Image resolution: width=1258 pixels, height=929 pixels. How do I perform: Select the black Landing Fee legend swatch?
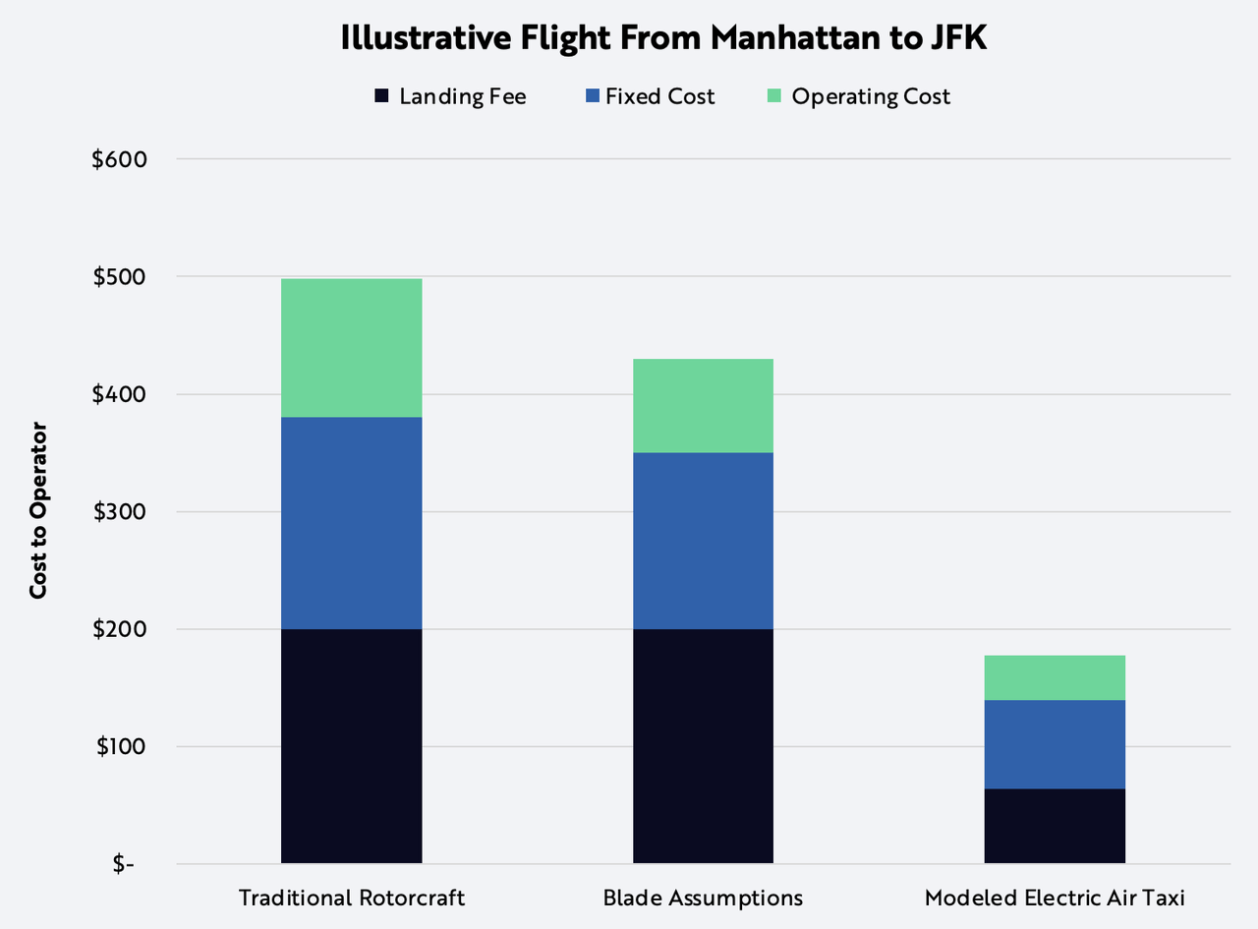point(381,96)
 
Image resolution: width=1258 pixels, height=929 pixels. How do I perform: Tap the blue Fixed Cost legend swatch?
point(591,96)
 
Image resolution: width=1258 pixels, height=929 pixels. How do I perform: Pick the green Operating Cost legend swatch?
point(773,96)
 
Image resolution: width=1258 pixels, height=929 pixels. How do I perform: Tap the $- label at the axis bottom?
point(124,864)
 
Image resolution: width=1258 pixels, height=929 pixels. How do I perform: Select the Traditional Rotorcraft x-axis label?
point(352,898)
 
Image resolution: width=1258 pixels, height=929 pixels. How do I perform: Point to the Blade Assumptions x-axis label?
point(703,898)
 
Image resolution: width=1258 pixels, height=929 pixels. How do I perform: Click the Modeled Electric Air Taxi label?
point(1055,898)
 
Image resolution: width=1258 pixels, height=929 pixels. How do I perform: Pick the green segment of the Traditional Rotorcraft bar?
point(352,347)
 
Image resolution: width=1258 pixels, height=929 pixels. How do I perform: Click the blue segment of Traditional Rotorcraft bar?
point(352,523)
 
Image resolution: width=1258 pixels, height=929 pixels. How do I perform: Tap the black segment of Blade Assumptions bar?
point(703,746)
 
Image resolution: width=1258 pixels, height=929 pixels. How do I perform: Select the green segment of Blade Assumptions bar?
point(703,405)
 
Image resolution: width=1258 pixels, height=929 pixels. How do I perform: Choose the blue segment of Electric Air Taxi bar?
point(1055,744)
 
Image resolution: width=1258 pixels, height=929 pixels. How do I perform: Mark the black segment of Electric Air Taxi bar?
point(1055,826)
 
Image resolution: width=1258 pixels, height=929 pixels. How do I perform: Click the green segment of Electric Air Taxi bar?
point(1055,677)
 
